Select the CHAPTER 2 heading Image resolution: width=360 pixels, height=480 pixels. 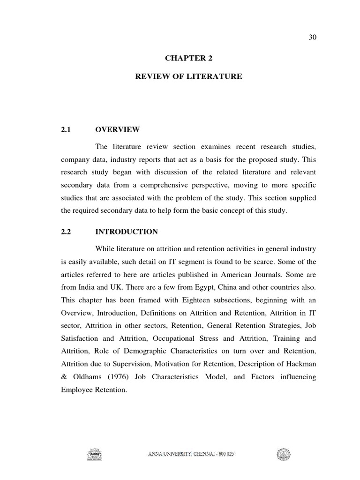(185, 58)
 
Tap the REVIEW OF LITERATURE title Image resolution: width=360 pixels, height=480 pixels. (188, 76)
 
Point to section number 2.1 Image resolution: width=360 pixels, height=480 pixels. (66, 129)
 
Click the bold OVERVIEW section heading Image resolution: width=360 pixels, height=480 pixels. (117, 129)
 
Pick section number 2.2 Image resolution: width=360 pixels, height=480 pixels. (66, 232)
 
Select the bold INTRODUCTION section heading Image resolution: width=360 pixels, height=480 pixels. (127, 232)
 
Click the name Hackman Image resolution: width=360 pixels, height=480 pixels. (302, 363)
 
